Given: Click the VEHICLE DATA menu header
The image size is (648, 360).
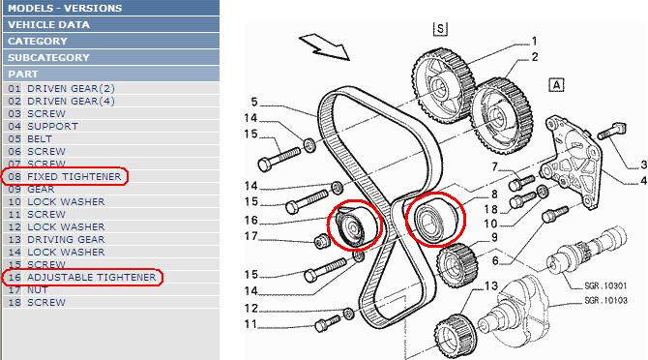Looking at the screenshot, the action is pos(48,24).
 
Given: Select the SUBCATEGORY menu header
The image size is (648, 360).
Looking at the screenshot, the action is pos(48,57).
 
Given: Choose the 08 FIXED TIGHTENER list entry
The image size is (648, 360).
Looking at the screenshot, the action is pos(65,176).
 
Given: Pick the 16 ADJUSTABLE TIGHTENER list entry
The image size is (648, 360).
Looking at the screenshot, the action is pos(82,277).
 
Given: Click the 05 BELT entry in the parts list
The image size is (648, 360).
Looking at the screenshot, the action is pos(30,139).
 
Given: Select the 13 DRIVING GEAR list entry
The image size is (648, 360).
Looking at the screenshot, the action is pos(56,239).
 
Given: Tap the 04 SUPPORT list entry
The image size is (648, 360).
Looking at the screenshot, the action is pos(43,126).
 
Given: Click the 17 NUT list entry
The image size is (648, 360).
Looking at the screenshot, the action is pos(28,289).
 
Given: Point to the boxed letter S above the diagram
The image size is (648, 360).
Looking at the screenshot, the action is pos(440,29).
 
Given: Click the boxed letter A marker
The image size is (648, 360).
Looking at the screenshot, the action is pos(557,85).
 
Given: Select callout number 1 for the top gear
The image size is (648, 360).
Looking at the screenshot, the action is pos(534,42).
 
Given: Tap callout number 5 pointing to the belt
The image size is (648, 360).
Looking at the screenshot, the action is pos(254,102).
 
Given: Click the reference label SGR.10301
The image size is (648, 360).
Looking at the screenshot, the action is pos(605,285).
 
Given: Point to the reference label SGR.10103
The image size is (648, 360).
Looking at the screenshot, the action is pos(605,300).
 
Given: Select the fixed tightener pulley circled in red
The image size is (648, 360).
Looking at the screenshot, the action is pos(435,219).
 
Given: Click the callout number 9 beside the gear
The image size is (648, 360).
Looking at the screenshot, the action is pos(494,238).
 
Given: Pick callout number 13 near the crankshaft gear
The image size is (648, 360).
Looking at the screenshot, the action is pos(491,285).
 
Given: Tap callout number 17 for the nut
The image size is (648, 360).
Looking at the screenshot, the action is pos(251,236).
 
